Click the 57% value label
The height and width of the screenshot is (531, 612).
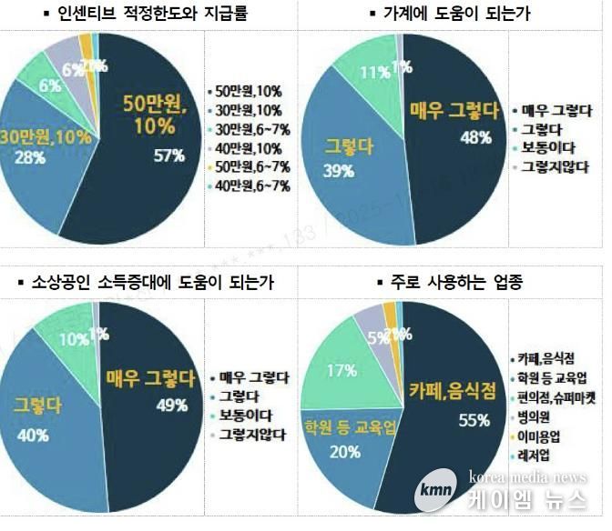coord(169,155)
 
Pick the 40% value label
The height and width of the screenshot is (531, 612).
coord(33,436)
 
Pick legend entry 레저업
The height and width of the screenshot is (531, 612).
coord(535,454)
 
